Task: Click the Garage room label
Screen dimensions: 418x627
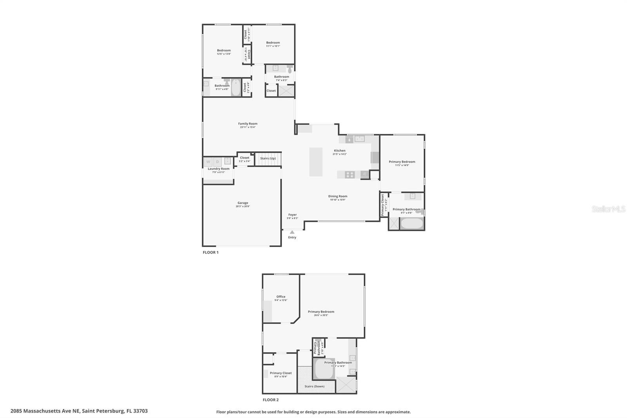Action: point(243,203)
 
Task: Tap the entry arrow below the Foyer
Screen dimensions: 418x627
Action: point(292,232)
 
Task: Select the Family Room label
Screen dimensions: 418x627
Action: point(248,124)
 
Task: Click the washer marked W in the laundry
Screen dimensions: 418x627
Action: point(208,162)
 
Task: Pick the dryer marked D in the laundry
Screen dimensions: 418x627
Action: point(217,162)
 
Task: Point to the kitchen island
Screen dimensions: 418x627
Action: point(316,162)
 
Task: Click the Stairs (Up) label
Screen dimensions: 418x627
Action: point(268,158)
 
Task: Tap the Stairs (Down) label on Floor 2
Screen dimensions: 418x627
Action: point(315,386)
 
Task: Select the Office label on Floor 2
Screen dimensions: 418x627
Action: point(281,297)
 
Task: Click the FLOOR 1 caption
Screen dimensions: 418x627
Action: point(210,252)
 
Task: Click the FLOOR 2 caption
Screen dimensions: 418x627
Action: point(270,400)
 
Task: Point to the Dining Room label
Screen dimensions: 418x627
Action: point(337,196)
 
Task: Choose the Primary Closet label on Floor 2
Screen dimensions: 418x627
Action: point(281,373)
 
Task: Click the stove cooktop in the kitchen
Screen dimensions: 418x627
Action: point(350,174)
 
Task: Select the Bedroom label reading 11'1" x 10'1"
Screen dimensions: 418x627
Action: point(273,43)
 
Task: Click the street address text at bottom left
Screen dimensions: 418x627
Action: point(79,411)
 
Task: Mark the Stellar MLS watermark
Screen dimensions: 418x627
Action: point(608,209)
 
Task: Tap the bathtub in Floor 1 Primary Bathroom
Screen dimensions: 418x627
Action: point(411,224)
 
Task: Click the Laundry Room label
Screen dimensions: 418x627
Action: point(218,169)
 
